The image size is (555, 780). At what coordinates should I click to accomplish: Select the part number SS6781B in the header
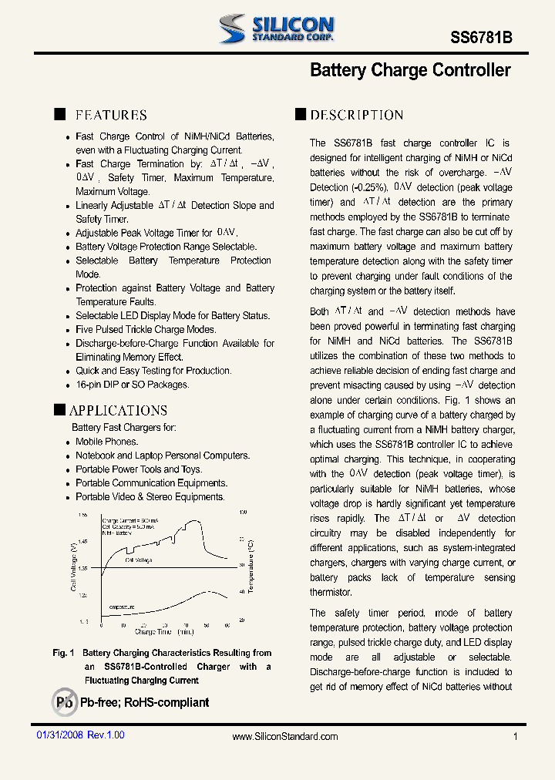pyautogui.click(x=480, y=38)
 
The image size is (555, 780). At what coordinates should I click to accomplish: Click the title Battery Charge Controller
pyautogui.click(x=410, y=70)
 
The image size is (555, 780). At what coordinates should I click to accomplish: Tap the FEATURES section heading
pyautogui.click(x=111, y=115)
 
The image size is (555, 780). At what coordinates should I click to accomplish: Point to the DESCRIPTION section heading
pyautogui.click(x=356, y=115)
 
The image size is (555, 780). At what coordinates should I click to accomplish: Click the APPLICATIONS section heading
pyautogui.click(x=118, y=410)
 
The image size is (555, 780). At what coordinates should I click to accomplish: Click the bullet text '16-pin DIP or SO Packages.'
pyautogui.click(x=132, y=385)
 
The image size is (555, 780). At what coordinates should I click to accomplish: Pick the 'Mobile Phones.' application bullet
pyautogui.click(x=106, y=442)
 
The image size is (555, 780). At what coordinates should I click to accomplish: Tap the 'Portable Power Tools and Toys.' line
pyautogui.click(x=139, y=469)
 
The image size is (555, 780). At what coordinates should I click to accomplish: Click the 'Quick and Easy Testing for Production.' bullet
pyautogui.click(x=153, y=371)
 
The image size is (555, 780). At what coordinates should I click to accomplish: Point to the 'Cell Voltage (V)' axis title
pyautogui.click(x=73, y=567)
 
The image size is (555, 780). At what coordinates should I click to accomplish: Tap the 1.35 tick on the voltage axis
pyautogui.click(x=82, y=568)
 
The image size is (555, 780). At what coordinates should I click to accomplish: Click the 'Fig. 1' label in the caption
pyautogui.click(x=63, y=653)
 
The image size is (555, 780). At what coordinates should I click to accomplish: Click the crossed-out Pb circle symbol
pyautogui.click(x=65, y=702)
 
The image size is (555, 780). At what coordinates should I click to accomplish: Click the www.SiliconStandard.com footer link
pyautogui.click(x=285, y=737)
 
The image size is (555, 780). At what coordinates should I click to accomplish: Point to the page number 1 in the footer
pyautogui.click(x=515, y=737)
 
